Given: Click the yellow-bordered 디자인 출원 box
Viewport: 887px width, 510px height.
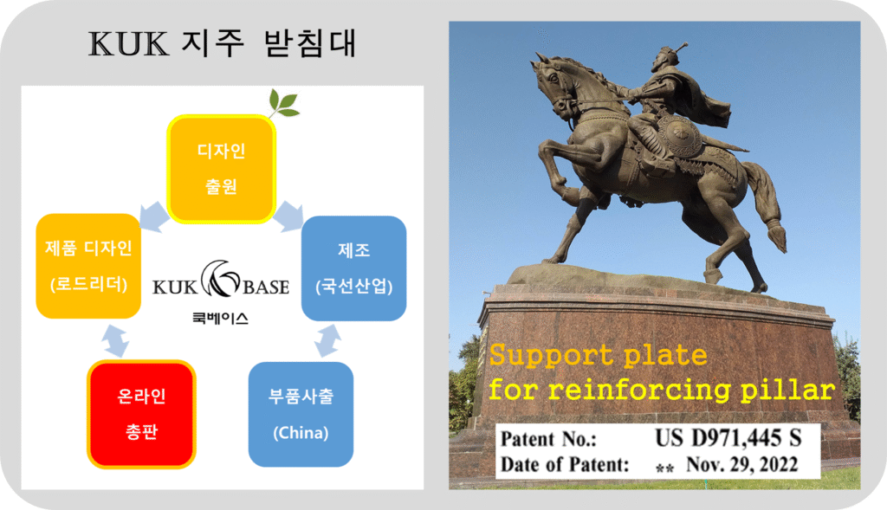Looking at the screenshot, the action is tap(221, 169).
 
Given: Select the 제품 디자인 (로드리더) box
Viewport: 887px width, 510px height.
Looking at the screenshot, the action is tap(88, 266).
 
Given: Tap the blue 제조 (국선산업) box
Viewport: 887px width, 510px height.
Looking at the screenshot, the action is tap(353, 268).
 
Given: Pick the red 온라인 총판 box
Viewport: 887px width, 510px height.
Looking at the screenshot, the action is tap(141, 414).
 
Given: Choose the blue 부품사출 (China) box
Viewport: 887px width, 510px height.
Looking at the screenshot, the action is tap(301, 415).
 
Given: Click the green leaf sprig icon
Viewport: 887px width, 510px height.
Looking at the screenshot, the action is tap(283, 103).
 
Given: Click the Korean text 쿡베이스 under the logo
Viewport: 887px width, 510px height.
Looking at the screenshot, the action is tap(220, 319).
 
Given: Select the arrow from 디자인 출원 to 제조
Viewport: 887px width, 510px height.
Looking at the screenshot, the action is tap(288, 216).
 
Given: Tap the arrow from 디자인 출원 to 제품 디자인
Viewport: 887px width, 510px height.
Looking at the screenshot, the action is tap(154, 216).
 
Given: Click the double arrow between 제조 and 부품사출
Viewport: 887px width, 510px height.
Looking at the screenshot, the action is tap(328, 340).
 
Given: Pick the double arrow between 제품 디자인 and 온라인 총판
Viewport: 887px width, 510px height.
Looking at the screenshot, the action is tap(115, 341).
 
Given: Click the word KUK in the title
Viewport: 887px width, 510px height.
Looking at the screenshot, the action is tap(128, 44).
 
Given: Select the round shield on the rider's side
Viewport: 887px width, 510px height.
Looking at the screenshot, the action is tap(680, 138).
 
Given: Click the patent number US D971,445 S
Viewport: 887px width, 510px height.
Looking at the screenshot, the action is tap(728, 438).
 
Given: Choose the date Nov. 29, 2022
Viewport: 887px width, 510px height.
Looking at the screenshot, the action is tap(742, 464).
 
